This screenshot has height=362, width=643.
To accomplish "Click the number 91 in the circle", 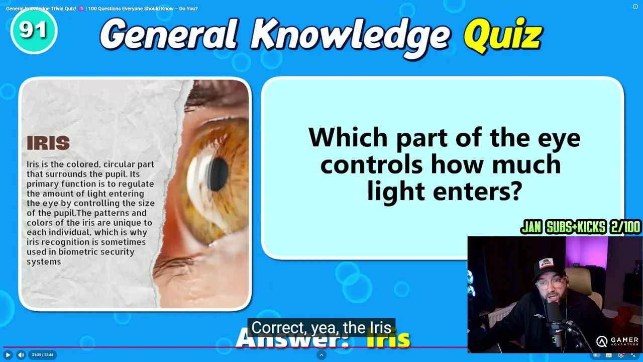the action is tap(33, 30).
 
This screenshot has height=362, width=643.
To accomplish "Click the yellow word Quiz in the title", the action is tap(503, 36).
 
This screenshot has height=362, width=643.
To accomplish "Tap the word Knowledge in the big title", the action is tap(351, 37).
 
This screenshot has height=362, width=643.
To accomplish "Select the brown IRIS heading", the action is tap(48, 143).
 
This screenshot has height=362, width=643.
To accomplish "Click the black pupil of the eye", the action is tap(219, 174).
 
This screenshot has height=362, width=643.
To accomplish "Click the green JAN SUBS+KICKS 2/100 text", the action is tap(580, 227).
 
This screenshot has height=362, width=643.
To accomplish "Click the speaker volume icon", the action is tap(21, 355).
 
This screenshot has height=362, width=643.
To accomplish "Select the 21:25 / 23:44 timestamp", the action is tap(43, 355).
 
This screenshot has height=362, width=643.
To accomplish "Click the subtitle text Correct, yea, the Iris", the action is tap(321, 327).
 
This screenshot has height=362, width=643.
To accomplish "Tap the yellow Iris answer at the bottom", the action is tap(388, 339).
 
